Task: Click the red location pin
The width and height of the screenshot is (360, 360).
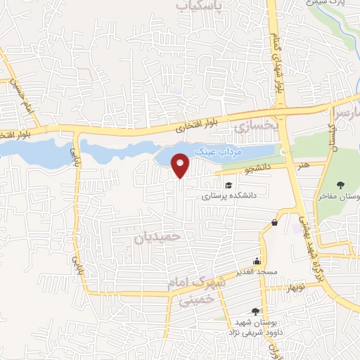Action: (181, 165)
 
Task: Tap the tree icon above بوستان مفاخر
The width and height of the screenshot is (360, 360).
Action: (341, 186)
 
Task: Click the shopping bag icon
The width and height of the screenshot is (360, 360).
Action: (274, 223)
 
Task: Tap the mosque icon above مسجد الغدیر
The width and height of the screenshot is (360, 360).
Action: (258, 259)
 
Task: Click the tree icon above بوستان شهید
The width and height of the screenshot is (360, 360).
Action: (255, 311)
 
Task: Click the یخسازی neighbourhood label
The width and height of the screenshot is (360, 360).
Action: (252, 127)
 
